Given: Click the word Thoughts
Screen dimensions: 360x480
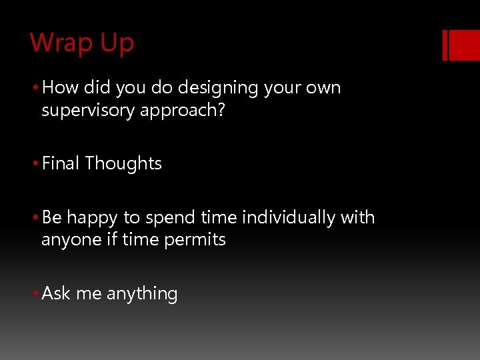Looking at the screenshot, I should (x=123, y=163).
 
